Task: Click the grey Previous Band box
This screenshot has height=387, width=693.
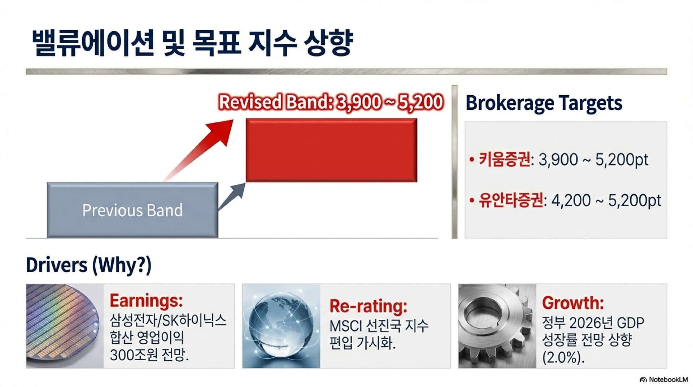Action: pos(132,210)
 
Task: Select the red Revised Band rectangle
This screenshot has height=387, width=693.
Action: pos(331,150)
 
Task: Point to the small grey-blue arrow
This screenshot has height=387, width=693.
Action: pos(232,197)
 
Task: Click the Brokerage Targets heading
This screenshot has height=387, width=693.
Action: pos(544,103)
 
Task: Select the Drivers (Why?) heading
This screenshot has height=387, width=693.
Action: pos(89,265)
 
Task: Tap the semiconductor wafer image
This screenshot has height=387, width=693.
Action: pos(65,326)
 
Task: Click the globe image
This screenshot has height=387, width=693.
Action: pos(281,326)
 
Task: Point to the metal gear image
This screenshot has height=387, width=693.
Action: pos(497,326)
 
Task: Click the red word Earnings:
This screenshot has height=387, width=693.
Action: pos(146,300)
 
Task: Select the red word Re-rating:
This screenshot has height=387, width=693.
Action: pos(369,306)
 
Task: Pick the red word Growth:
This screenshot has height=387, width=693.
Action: pos(573,303)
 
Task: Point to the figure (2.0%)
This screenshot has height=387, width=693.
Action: pos(563,357)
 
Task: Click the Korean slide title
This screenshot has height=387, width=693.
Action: pos(192,43)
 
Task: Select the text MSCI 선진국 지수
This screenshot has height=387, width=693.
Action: pos(379,326)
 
